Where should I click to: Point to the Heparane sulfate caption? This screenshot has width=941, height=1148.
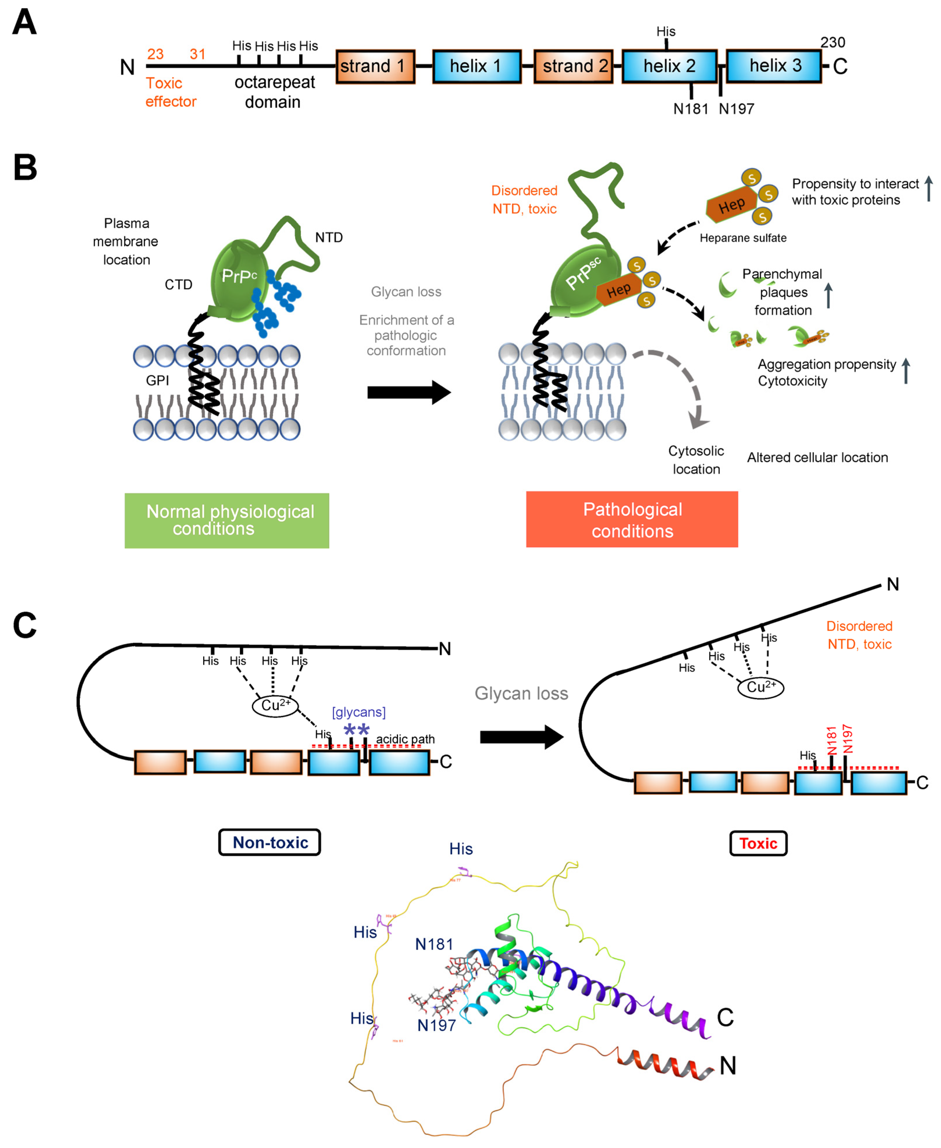tap(743, 238)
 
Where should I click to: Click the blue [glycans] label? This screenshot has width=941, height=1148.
tap(358, 712)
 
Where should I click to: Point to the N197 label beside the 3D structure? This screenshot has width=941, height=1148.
tap(436, 1025)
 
